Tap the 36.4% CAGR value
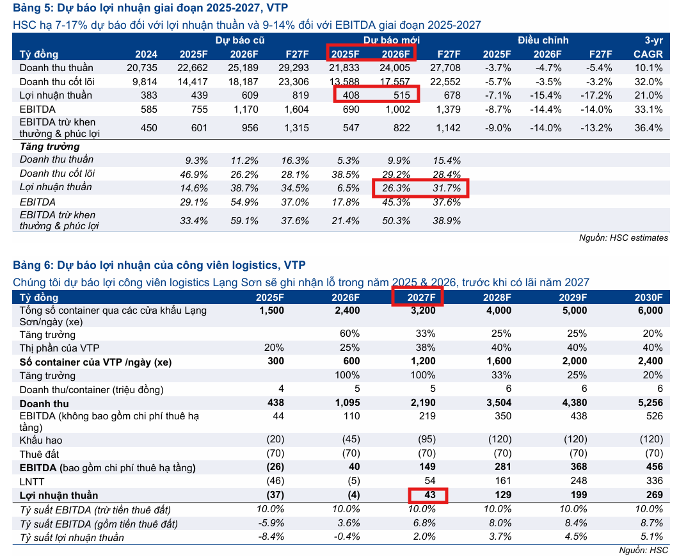point(649,128)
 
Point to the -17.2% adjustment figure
point(599,95)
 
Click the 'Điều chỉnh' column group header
point(543,40)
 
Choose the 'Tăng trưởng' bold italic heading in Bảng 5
point(45,147)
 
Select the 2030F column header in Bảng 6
point(649,298)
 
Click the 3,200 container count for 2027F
point(422,311)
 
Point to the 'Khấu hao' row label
point(41,440)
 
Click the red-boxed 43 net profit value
point(427,496)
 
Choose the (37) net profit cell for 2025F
point(273,496)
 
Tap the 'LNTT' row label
point(32,481)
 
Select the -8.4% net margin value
point(270,537)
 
